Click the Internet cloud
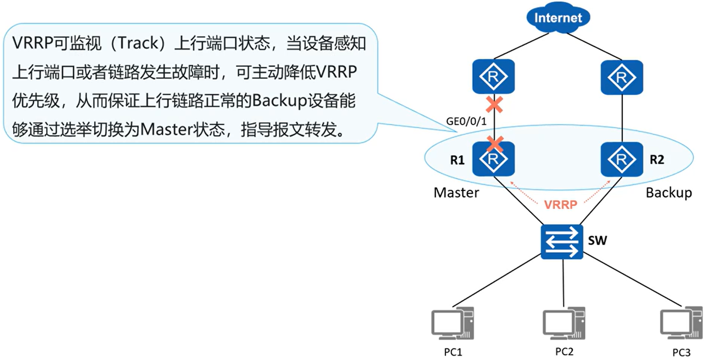[558, 18]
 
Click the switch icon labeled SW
[562, 242]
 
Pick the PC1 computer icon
[452, 324]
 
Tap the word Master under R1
[456, 193]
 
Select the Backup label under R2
[669, 193]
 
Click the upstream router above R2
[622, 77]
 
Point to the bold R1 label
[457, 160]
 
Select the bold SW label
[598, 241]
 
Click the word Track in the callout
[133, 43]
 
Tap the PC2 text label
[564, 351]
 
